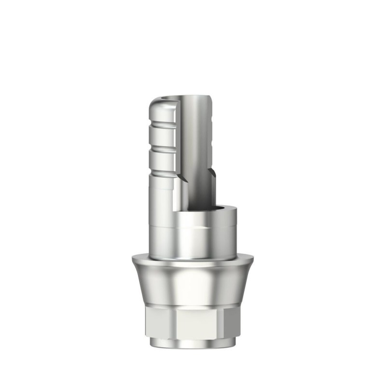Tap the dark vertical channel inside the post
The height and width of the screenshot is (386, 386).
pyautogui.click(x=198, y=159)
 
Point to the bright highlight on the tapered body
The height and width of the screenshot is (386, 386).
pyautogui.click(x=193, y=285)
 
